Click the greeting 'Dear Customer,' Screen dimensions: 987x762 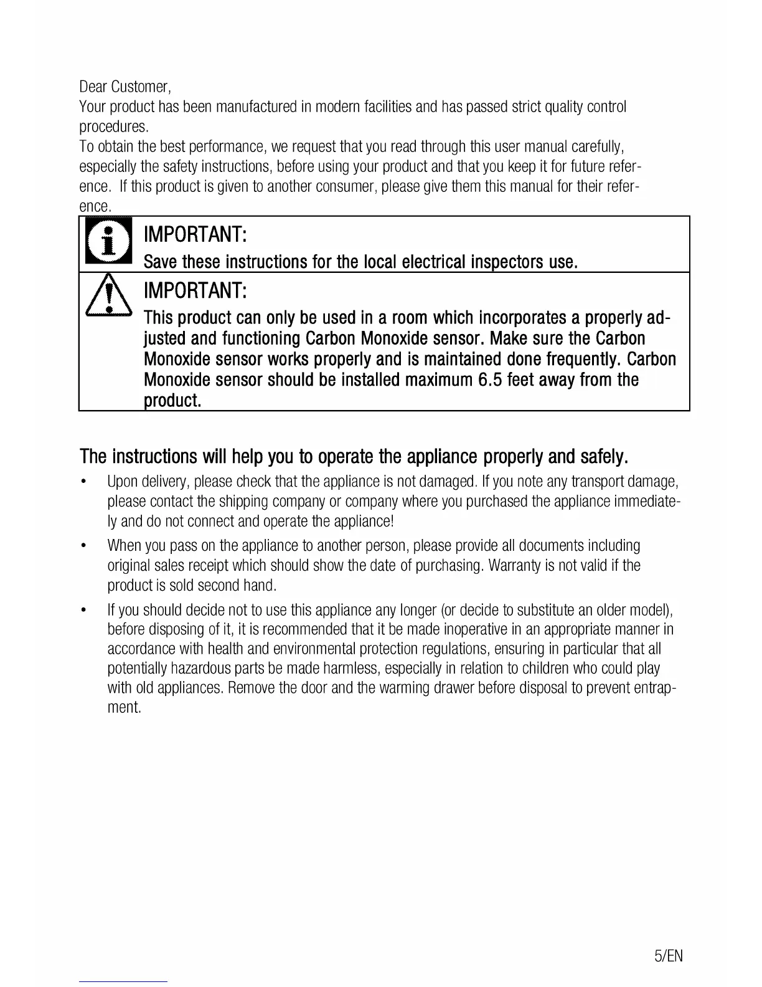pyautogui.click(x=125, y=86)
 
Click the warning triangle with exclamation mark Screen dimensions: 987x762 pyautogui.click(x=108, y=298)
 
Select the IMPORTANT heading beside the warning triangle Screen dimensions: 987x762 pyautogui.click(x=195, y=290)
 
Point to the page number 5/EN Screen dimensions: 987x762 pyautogui.click(x=669, y=956)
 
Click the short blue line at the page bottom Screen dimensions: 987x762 pyautogui.click(x=123, y=981)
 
